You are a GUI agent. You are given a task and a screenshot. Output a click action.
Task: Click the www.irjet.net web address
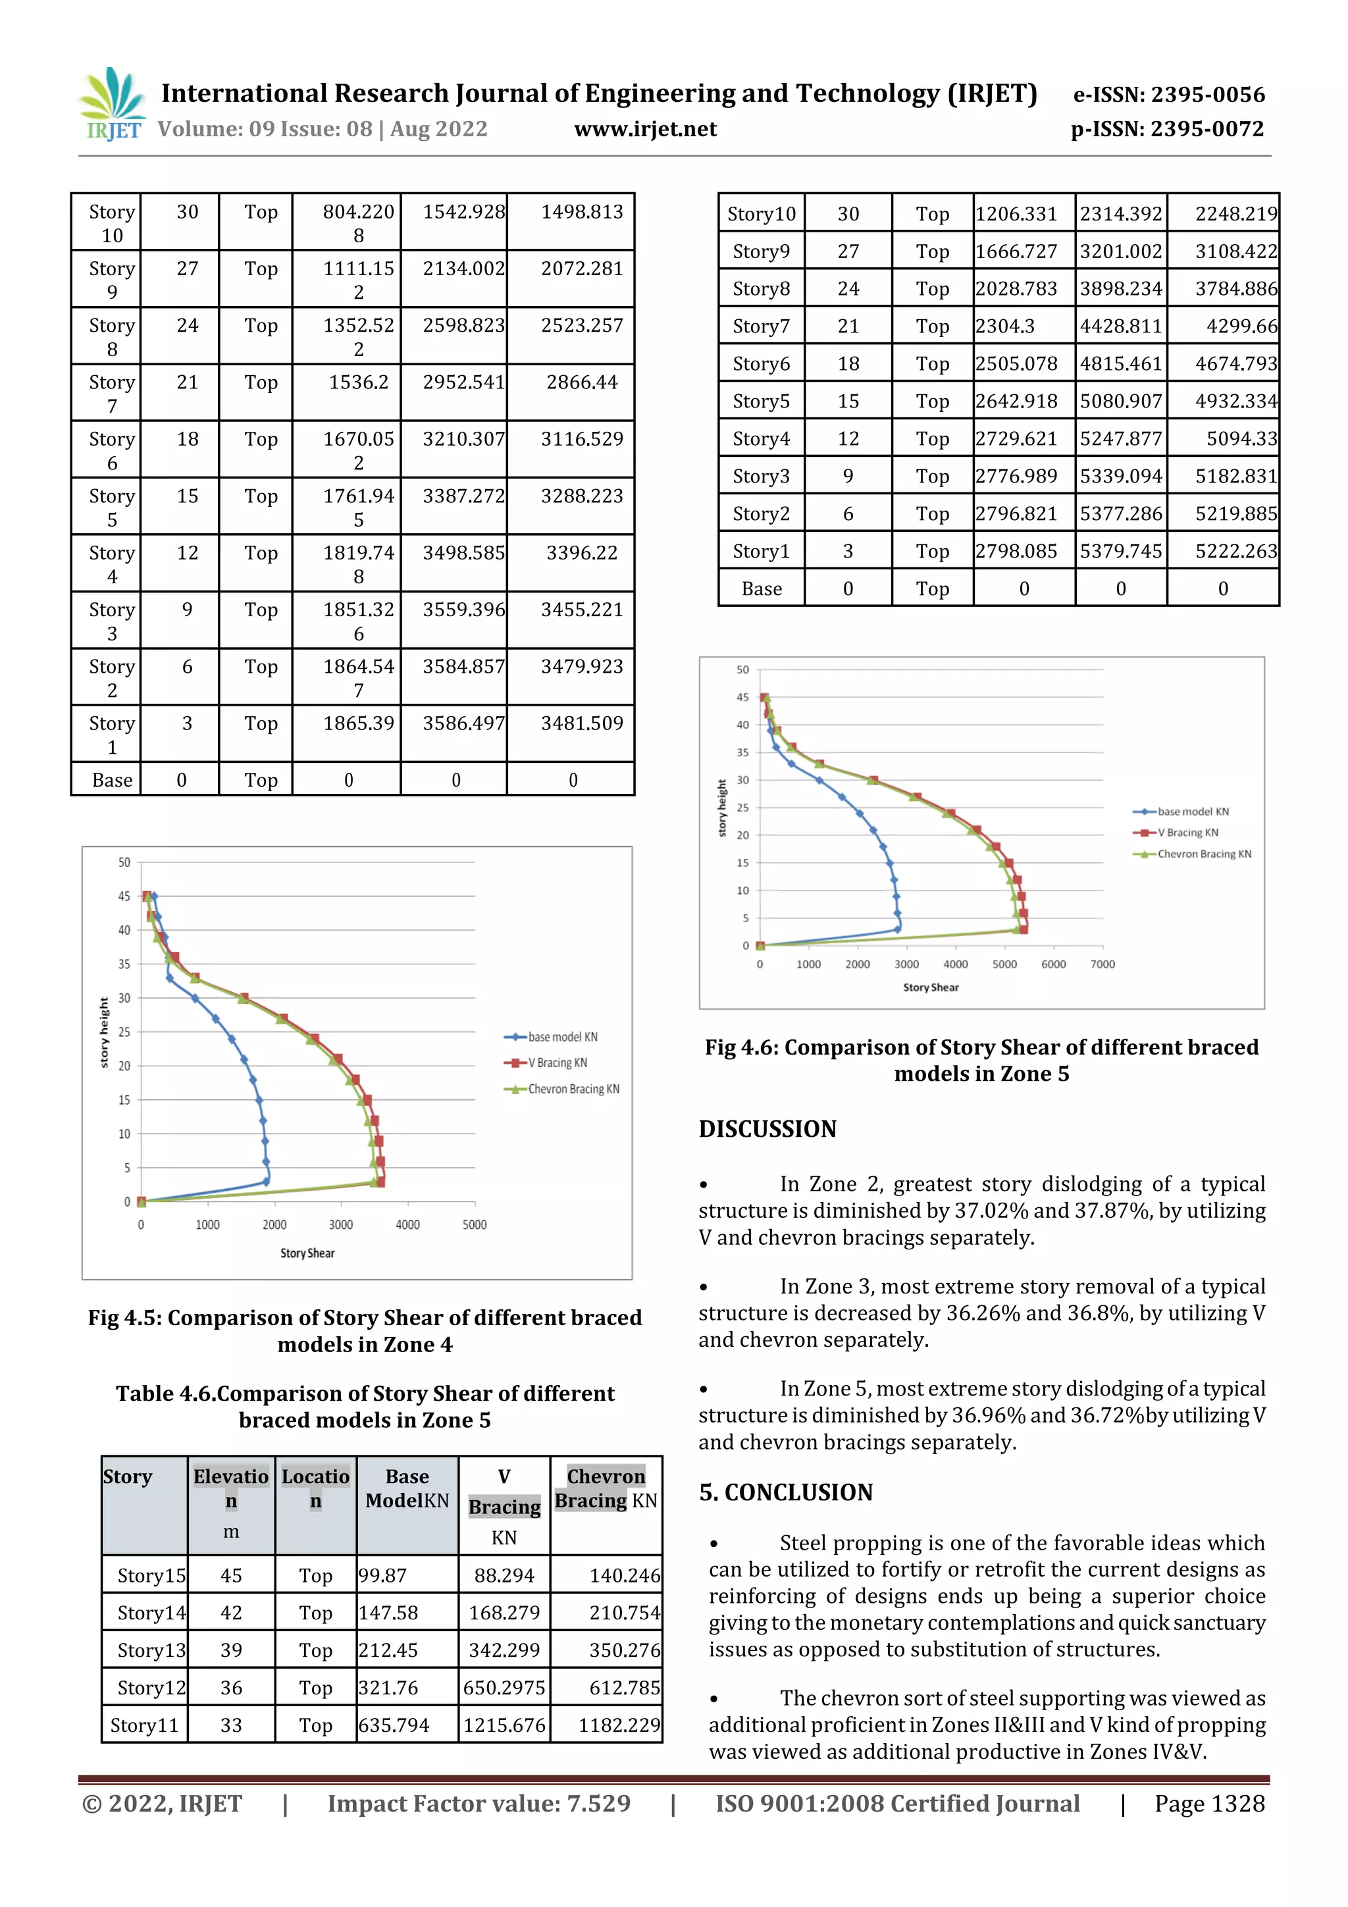644,129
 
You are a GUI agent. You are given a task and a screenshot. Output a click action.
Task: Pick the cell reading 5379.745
1120,552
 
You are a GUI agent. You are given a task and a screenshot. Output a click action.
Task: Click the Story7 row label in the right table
761,327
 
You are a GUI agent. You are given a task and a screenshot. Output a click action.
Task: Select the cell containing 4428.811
1120,327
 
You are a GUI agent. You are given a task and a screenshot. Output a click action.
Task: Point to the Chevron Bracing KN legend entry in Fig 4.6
1203,854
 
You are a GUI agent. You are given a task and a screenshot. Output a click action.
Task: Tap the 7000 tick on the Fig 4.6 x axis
1102,964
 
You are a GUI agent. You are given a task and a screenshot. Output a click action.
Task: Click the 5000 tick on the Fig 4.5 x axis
475,1224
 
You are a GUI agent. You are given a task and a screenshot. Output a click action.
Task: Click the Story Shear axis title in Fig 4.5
307,1253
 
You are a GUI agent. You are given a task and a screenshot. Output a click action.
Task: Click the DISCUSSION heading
767,1129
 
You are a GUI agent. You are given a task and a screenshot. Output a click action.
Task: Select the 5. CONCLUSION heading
786,1492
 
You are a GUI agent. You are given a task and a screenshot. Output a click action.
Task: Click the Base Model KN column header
407,1488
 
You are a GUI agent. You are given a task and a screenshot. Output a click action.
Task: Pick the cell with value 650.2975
504,1688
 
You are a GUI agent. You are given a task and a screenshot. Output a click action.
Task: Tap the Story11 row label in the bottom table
145,1725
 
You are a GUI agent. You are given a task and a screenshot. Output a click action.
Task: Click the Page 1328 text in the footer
1208,1803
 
